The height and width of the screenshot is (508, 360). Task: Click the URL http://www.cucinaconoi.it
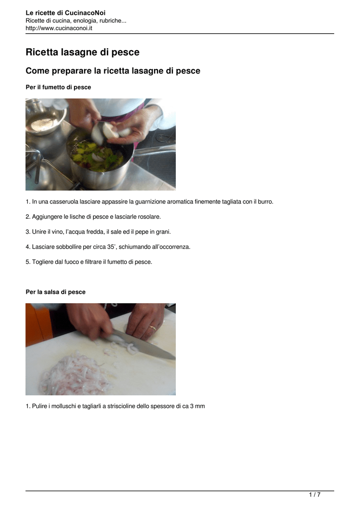(59, 28)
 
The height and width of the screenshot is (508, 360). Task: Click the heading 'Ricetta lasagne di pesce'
(82, 52)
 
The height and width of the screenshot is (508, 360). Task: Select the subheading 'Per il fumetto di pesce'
(59, 87)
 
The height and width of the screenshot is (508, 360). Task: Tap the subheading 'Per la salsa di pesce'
(56, 292)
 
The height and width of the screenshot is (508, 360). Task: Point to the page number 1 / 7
(315, 495)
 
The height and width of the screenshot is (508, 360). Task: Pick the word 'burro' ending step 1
(265, 202)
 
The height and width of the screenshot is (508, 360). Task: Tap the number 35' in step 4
(111, 247)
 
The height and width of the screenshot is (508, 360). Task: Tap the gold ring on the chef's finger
(152, 328)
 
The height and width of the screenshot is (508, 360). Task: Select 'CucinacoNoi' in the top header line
(85, 13)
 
